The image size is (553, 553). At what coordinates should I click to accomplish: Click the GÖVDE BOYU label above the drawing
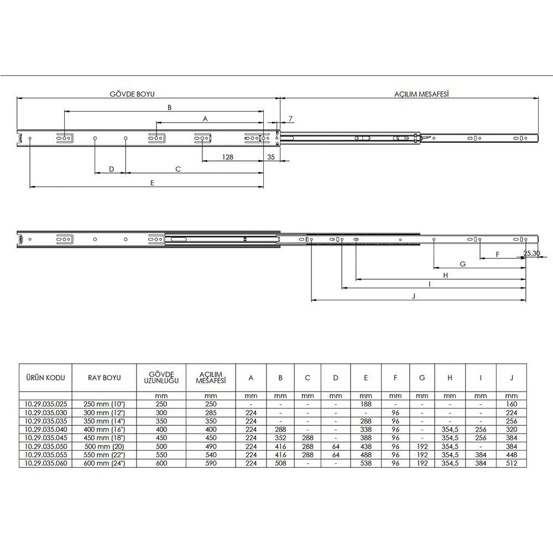click(x=128, y=94)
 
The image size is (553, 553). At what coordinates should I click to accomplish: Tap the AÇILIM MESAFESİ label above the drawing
click(x=417, y=94)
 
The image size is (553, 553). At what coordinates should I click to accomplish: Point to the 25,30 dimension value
click(x=532, y=253)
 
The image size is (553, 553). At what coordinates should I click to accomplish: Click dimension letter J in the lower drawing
click(x=414, y=296)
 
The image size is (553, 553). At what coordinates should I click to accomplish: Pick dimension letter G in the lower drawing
click(x=462, y=264)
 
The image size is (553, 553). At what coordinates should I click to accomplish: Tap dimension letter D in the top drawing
click(x=111, y=169)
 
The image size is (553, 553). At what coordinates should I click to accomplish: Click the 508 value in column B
click(x=280, y=463)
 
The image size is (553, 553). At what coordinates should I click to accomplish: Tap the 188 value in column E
click(x=366, y=404)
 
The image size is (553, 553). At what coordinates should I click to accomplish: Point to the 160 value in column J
click(x=512, y=404)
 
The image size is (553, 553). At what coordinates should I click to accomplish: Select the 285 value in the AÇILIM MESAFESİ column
click(x=211, y=412)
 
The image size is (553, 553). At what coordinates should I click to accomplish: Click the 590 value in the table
click(x=211, y=463)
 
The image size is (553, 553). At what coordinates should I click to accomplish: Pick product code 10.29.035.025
click(x=45, y=404)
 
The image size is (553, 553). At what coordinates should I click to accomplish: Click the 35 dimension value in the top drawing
click(x=271, y=157)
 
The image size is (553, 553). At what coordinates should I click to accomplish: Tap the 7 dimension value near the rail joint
click(x=290, y=119)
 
